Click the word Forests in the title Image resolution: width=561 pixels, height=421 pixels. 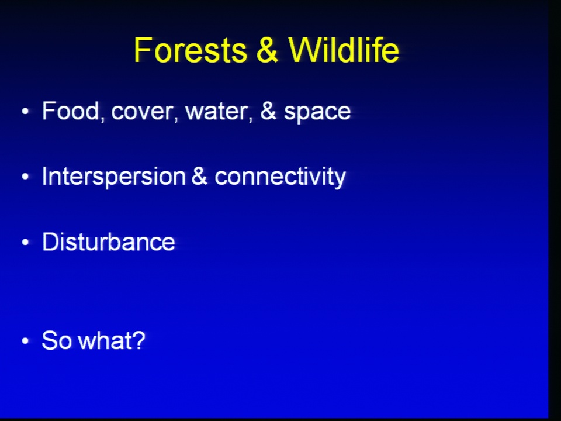(x=191, y=50)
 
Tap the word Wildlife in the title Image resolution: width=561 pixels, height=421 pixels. (x=344, y=50)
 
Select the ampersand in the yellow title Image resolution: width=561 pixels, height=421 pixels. (x=267, y=50)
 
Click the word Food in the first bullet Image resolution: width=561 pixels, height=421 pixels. (x=71, y=111)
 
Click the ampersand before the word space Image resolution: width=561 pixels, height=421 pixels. (x=268, y=111)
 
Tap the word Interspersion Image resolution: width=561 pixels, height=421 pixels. (x=114, y=177)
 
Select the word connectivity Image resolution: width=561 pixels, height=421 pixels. (x=280, y=177)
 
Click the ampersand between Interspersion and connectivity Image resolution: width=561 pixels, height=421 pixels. (x=199, y=176)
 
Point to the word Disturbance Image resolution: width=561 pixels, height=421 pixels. (x=109, y=241)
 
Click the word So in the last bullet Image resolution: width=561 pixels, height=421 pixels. (x=57, y=340)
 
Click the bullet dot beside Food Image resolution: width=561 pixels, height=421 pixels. (x=25, y=111)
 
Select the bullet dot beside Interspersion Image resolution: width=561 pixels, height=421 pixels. (x=25, y=177)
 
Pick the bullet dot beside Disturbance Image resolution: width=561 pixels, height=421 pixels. (x=25, y=242)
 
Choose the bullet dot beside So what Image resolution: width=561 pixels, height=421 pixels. (x=25, y=340)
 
